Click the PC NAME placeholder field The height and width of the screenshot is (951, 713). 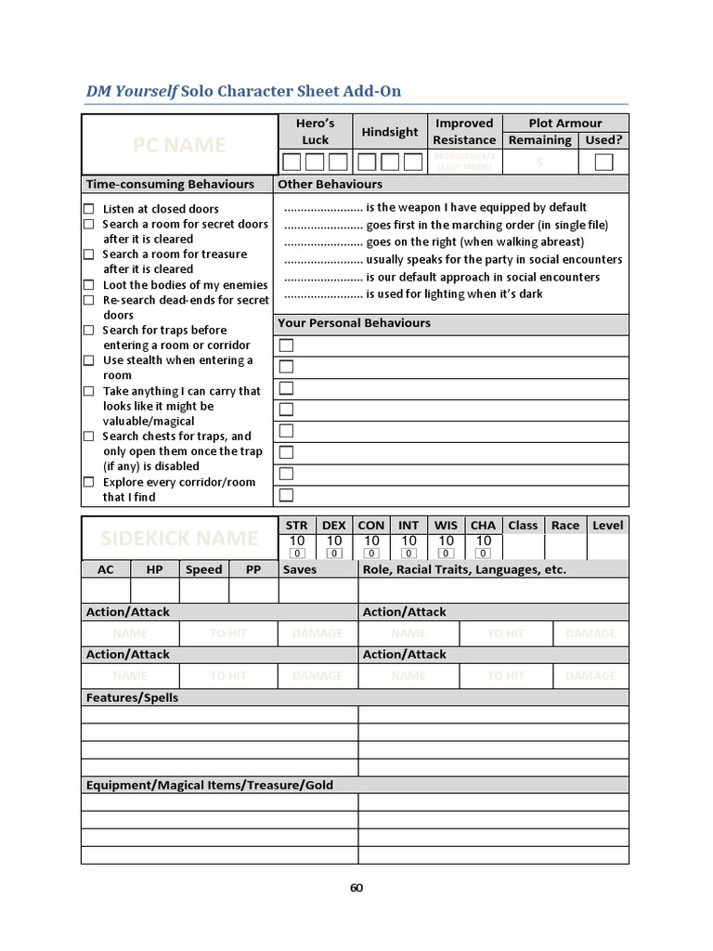tap(179, 145)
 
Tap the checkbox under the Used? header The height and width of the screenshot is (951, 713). tap(603, 163)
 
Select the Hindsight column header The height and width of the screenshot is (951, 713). tap(390, 132)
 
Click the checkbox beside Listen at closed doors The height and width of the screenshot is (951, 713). tap(89, 209)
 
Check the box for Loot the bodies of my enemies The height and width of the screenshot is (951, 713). tap(89, 285)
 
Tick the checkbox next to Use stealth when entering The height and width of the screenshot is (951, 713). tap(89, 360)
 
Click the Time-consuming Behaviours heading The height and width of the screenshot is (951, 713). tap(170, 184)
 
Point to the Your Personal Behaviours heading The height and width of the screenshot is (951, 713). tap(355, 323)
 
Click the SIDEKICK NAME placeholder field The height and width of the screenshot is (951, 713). tap(179, 539)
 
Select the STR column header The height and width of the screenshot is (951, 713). tap(297, 525)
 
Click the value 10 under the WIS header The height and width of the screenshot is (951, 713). tap(446, 541)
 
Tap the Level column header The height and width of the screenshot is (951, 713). tap(607, 525)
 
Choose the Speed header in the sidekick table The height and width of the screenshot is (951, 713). tap(203, 569)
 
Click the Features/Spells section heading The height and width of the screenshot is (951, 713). tap(132, 697)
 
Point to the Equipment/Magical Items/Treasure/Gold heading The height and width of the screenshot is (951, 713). tap(210, 785)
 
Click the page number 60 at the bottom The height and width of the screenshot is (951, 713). tap(356, 888)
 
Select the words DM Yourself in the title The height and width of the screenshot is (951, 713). tap(131, 90)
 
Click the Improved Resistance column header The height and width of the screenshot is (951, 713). tap(464, 131)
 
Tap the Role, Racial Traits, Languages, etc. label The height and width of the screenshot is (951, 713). tap(464, 569)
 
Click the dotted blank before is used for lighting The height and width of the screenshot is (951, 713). tap(322, 294)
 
